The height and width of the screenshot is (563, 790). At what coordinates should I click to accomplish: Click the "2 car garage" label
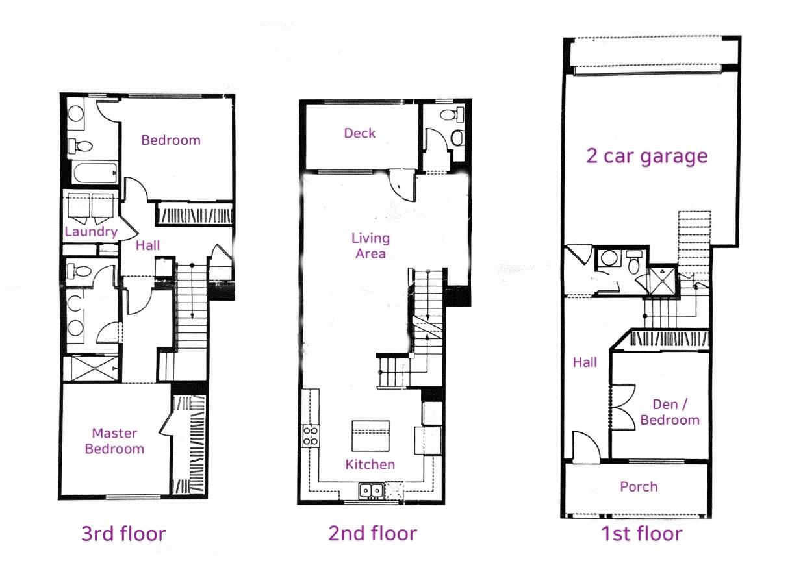pos(646,156)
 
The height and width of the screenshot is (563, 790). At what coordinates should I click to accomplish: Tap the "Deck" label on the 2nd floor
pos(360,133)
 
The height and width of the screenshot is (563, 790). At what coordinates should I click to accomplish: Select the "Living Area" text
pos(371,245)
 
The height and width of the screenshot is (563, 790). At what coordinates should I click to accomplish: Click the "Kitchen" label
pos(370,464)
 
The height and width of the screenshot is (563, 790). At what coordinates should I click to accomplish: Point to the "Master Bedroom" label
pos(114,441)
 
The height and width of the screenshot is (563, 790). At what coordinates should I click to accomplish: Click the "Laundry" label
pos(91,232)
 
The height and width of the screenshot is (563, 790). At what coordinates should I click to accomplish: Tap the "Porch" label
pos(639,486)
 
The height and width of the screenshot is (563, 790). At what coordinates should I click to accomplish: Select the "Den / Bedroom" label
pos(670,412)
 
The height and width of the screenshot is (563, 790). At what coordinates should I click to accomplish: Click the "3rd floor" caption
pos(123,534)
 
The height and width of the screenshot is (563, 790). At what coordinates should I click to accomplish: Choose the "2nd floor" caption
pos(372,534)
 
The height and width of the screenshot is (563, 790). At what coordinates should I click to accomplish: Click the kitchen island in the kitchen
pos(370,436)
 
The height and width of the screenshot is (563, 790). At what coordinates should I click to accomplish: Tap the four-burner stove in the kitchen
pos(311,435)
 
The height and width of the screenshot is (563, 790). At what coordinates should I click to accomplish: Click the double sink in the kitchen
pos(372,490)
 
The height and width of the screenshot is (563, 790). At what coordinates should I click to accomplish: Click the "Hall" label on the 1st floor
pos(585,362)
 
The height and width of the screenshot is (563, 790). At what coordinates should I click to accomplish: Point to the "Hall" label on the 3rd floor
pos(148,245)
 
